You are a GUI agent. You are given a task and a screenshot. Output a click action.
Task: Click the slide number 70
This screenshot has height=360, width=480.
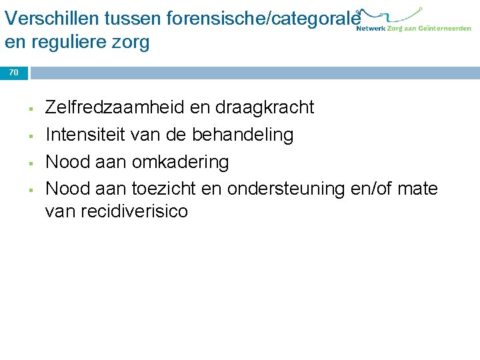[14, 73]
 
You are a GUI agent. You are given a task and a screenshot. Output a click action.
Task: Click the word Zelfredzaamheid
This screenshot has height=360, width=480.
[110, 107]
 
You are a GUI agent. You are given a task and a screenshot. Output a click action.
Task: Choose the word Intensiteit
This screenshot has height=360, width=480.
[83, 135]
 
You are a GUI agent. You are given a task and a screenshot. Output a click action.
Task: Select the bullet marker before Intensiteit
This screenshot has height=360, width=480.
[31, 135]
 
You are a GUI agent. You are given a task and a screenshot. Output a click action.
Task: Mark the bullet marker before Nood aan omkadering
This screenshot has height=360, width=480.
[31, 163]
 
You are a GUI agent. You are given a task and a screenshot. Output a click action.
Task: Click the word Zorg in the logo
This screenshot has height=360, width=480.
[395, 29]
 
